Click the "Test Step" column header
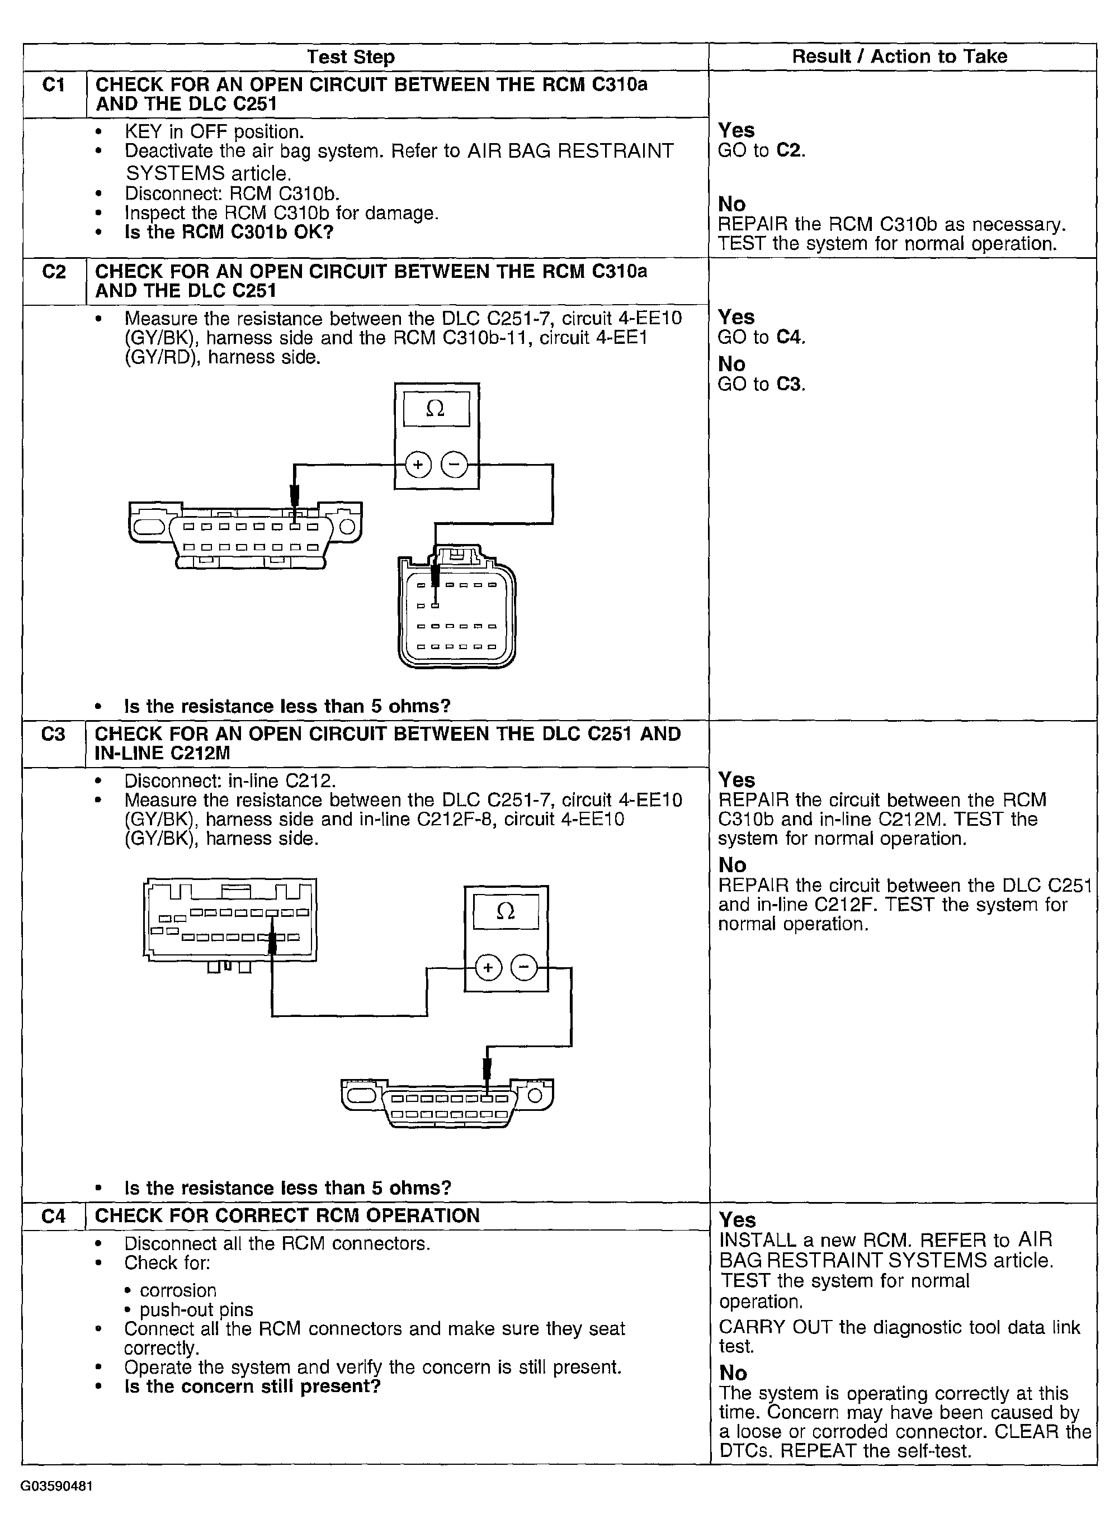(x=350, y=57)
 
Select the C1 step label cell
(x=54, y=86)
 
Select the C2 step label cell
(x=54, y=272)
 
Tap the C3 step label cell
(x=54, y=734)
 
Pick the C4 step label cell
(x=54, y=1216)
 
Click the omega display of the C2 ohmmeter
(x=436, y=409)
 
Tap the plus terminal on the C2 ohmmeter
(x=418, y=465)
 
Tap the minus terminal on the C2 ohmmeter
(x=454, y=465)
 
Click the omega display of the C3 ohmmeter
(x=506, y=911)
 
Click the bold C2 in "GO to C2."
(x=789, y=150)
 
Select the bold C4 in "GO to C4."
(x=789, y=337)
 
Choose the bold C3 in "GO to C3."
(x=789, y=384)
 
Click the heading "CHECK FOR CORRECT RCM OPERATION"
(x=287, y=1215)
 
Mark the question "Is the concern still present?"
(x=252, y=1386)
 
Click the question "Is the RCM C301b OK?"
(x=229, y=232)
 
